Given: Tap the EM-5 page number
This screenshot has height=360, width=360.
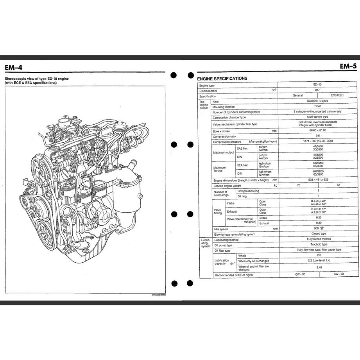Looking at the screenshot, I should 348,66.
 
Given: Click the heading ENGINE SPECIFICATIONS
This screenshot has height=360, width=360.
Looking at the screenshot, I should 222,78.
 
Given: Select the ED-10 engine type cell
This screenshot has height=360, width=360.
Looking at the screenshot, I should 317,85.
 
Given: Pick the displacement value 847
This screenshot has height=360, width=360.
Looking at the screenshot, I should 317,90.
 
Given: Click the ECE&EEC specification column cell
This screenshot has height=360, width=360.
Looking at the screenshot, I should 337,95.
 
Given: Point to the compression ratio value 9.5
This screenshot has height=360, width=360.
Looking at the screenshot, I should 317,136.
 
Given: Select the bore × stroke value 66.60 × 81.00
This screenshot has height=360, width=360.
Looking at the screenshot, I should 317,131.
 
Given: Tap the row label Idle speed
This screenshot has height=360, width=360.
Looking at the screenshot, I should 221,229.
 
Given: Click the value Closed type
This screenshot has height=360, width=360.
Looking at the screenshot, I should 317,234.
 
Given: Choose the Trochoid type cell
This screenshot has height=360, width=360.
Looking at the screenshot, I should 317,244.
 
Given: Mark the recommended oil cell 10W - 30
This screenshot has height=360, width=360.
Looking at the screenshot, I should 299,274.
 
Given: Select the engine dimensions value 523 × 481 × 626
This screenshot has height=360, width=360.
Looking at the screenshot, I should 317,180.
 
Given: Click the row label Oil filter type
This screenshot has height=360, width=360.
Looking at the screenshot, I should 222,250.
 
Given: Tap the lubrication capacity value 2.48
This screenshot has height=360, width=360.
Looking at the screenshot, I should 317,267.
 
